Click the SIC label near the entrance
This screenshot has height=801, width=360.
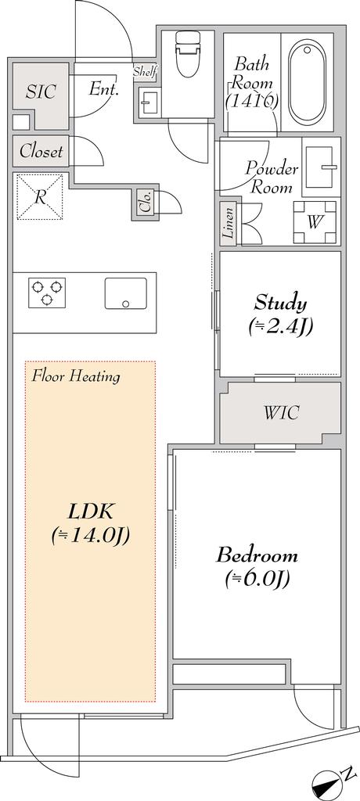click(x=41, y=92)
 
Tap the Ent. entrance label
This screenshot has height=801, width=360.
click(x=103, y=89)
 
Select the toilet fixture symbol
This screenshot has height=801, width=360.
click(x=188, y=54)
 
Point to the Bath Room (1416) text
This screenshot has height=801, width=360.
click(x=252, y=81)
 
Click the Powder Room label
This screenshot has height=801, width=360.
click(x=271, y=178)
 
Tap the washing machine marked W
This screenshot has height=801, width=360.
click(x=315, y=221)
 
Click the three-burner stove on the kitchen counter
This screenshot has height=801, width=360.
click(x=47, y=293)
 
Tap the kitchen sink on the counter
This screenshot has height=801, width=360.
click(x=125, y=293)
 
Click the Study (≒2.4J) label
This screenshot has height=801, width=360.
click(x=280, y=314)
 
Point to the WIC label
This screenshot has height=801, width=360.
click(x=280, y=412)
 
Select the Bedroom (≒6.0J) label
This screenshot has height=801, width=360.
click(x=257, y=566)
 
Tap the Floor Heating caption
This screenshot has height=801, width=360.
click(x=76, y=376)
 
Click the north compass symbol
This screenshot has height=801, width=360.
click(x=329, y=783)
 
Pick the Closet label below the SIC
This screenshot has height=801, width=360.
click(x=41, y=152)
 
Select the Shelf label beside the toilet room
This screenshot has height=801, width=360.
click(x=145, y=72)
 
